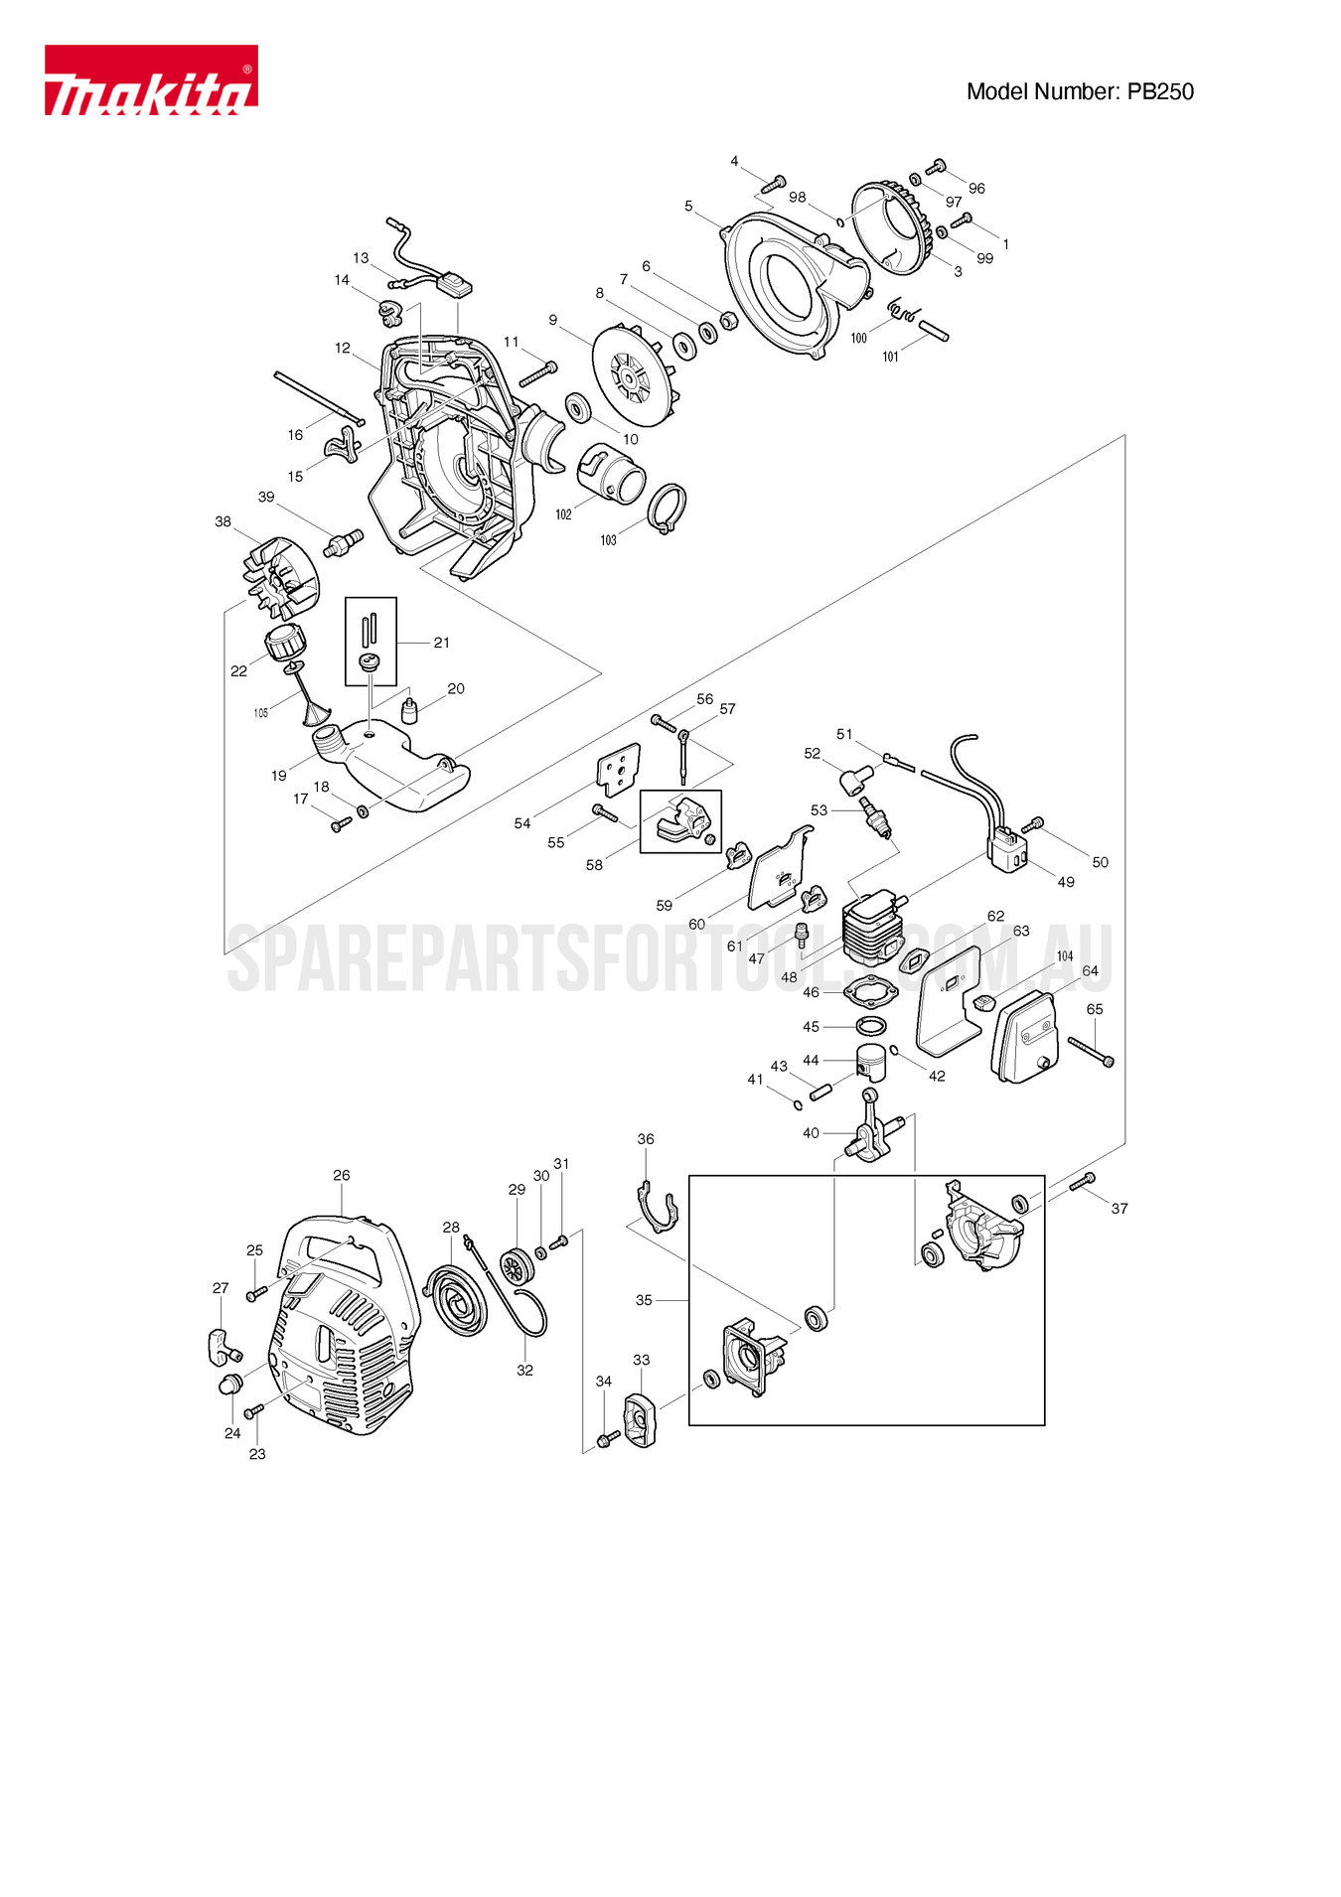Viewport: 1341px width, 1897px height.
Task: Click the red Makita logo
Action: (x=151, y=80)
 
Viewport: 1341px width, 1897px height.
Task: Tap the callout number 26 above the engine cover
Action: (x=342, y=1176)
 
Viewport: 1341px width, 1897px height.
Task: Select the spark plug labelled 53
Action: (x=877, y=816)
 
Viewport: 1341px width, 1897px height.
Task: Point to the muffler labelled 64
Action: (x=1024, y=1036)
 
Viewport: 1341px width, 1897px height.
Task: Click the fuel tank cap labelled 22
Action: (x=286, y=641)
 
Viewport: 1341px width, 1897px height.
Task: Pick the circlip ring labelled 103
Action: (x=667, y=508)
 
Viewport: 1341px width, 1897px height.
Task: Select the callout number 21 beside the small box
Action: (x=441, y=643)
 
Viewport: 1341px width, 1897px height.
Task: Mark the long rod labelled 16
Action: (x=319, y=399)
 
